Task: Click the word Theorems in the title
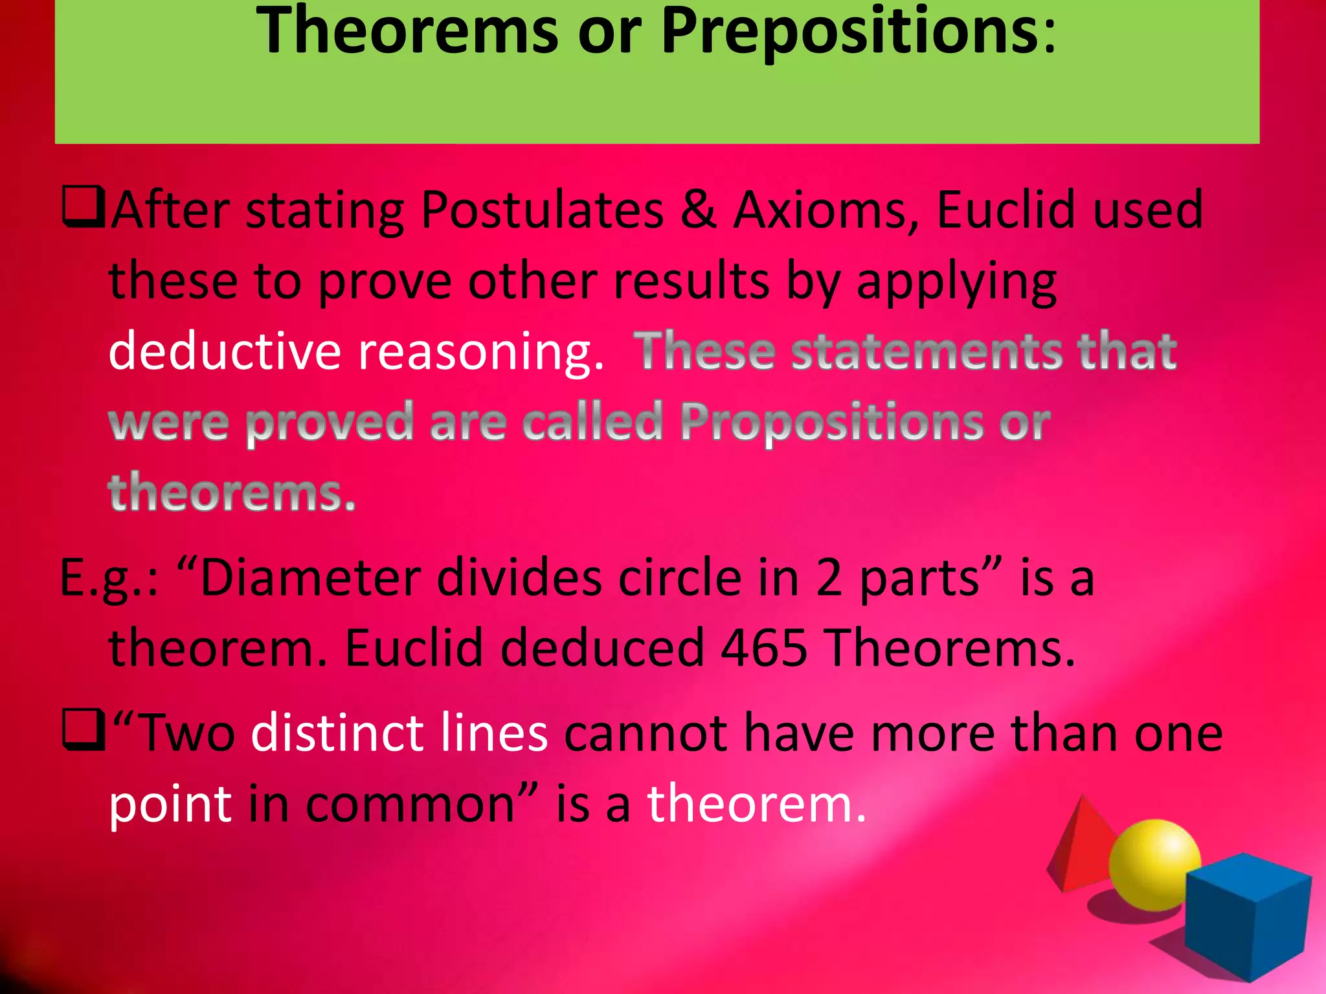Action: coord(407,31)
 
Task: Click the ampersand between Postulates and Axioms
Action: coord(698,210)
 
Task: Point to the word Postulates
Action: coord(542,211)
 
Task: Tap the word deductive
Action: coord(224,351)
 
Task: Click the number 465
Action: coord(763,648)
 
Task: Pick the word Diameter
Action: coord(311,577)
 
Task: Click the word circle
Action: coord(679,577)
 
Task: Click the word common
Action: coord(410,804)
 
